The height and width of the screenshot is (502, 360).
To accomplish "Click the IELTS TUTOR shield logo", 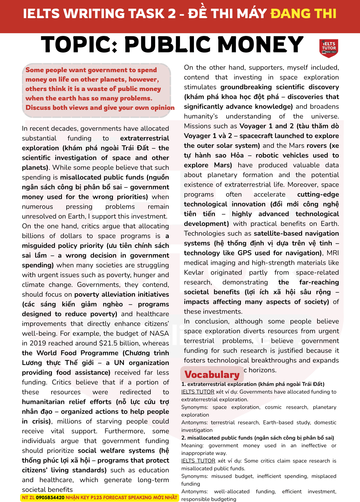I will tap(329, 48).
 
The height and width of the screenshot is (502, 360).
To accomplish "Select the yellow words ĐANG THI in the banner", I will tap(303, 14).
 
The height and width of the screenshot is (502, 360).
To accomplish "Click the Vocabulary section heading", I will tap(212, 374).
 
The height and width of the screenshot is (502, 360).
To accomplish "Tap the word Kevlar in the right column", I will tap(194, 273).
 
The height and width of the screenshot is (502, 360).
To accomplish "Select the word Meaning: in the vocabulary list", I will tap(192, 446).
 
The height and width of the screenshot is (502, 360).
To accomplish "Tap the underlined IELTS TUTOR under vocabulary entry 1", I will tap(198, 392).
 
